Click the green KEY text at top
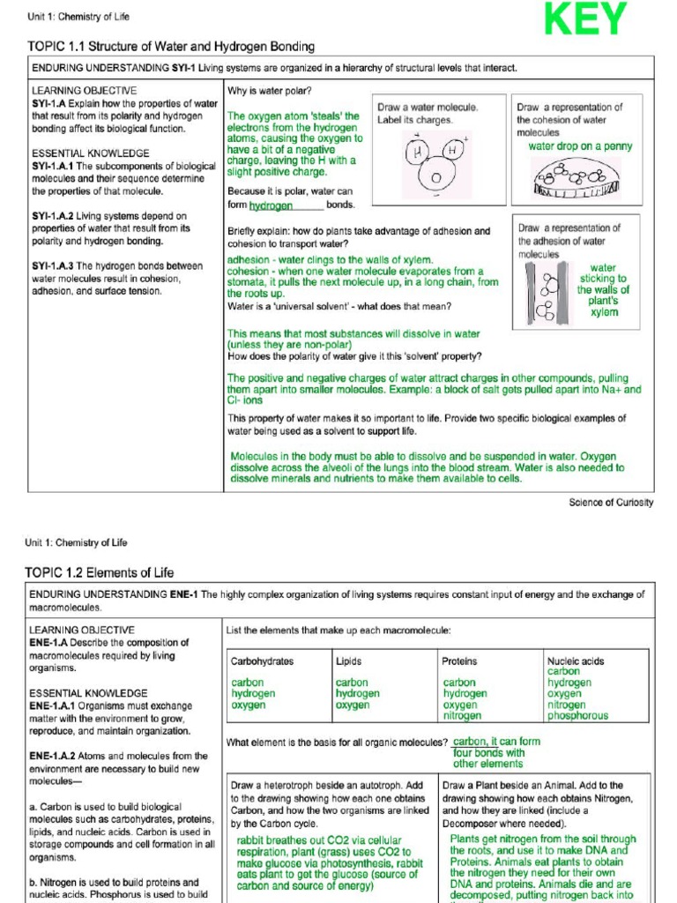click(x=584, y=20)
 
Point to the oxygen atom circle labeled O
click(x=435, y=176)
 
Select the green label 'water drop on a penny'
click(x=580, y=146)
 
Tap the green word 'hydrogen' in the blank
click(x=271, y=205)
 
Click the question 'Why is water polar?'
click(x=269, y=90)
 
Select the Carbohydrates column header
click(x=263, y=660)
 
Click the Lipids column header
click(x=349, y=660)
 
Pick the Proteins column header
click(x=459, y=660)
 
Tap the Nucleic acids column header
click(x=576, y=660)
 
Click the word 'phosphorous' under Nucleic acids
click(x=577, y=716)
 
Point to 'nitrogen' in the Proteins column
click(x=462, y=716)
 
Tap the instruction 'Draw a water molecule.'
click(x=428, y=107)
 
